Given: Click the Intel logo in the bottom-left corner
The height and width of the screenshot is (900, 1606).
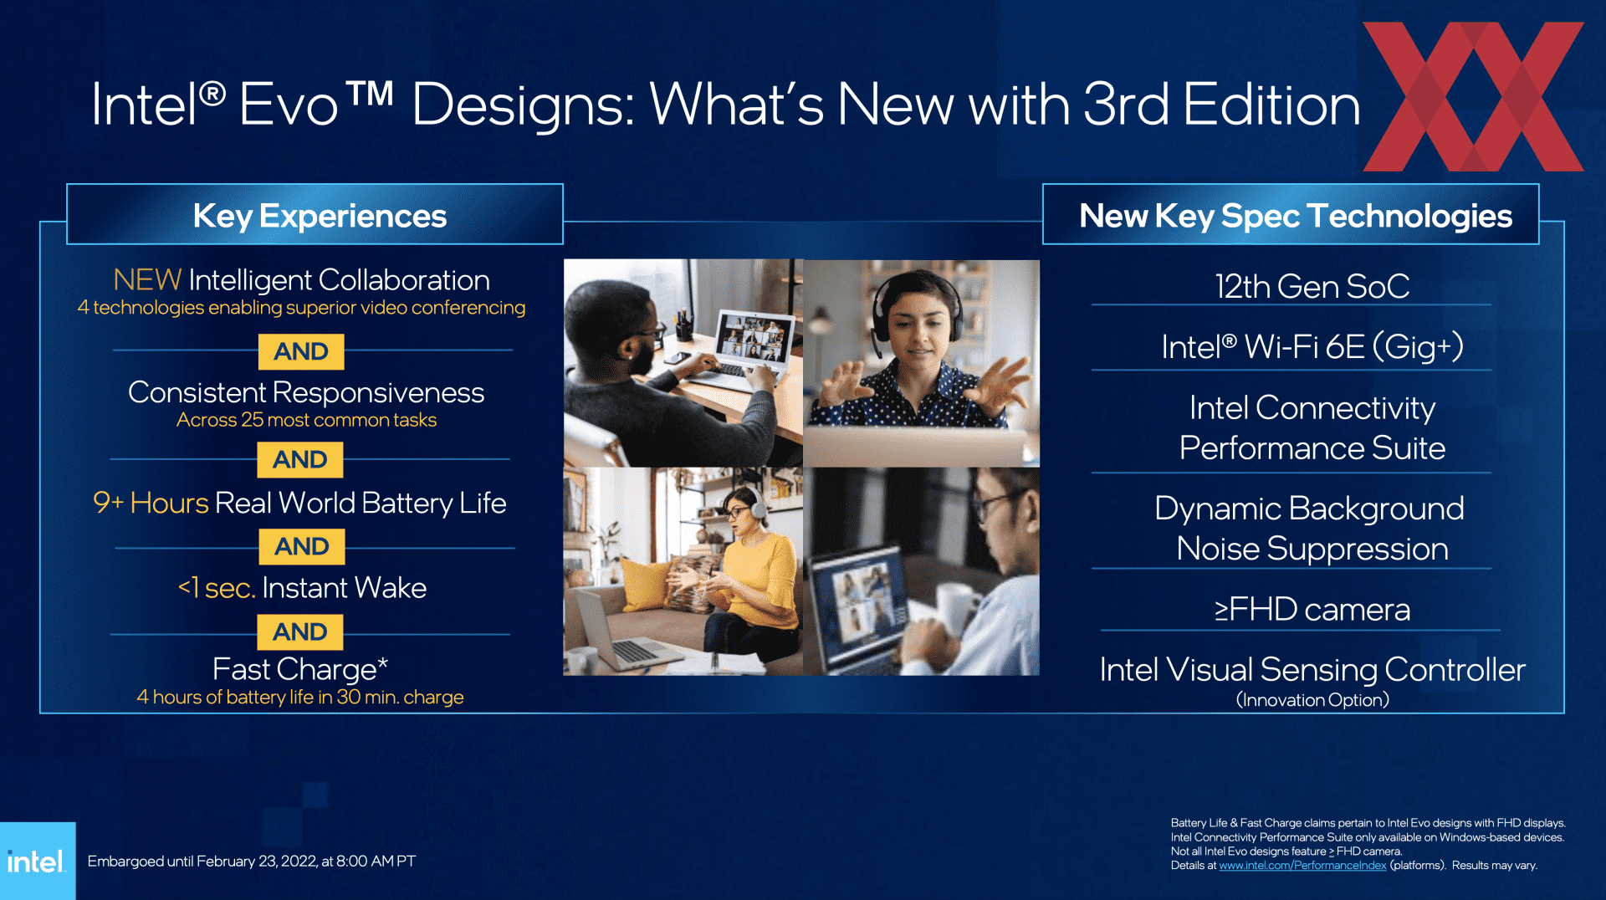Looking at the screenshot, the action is tap(36, 862).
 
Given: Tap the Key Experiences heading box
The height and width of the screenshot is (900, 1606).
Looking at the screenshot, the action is tap(315, 214).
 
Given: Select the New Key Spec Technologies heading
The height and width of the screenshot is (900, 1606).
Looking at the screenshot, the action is tap(1295, 216).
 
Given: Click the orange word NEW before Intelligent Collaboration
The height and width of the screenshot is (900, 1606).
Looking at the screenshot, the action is tap(147, 279).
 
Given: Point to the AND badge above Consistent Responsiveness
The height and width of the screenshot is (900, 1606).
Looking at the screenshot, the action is tap(301, 351).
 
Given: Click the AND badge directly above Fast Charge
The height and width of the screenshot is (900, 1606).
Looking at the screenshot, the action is tap(300, 632).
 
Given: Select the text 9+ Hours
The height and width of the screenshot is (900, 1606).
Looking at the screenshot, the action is tap(151, 503).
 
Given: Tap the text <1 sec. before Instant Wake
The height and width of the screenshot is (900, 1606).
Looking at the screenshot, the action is tap(217, 588).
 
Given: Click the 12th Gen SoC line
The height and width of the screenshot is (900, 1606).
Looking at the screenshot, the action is tap(1312, 286).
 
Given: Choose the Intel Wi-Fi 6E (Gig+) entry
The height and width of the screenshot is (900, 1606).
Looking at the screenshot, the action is tap(1312, 346).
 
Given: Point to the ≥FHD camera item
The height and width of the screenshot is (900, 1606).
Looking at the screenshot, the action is tap(1312, 609).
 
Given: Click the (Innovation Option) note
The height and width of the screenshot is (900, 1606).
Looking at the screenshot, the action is tap(1312, 699).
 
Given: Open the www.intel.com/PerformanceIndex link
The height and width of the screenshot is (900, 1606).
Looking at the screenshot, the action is tap(1302, 866).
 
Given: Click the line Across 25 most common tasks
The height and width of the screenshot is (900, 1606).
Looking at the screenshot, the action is tap(306, 420).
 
